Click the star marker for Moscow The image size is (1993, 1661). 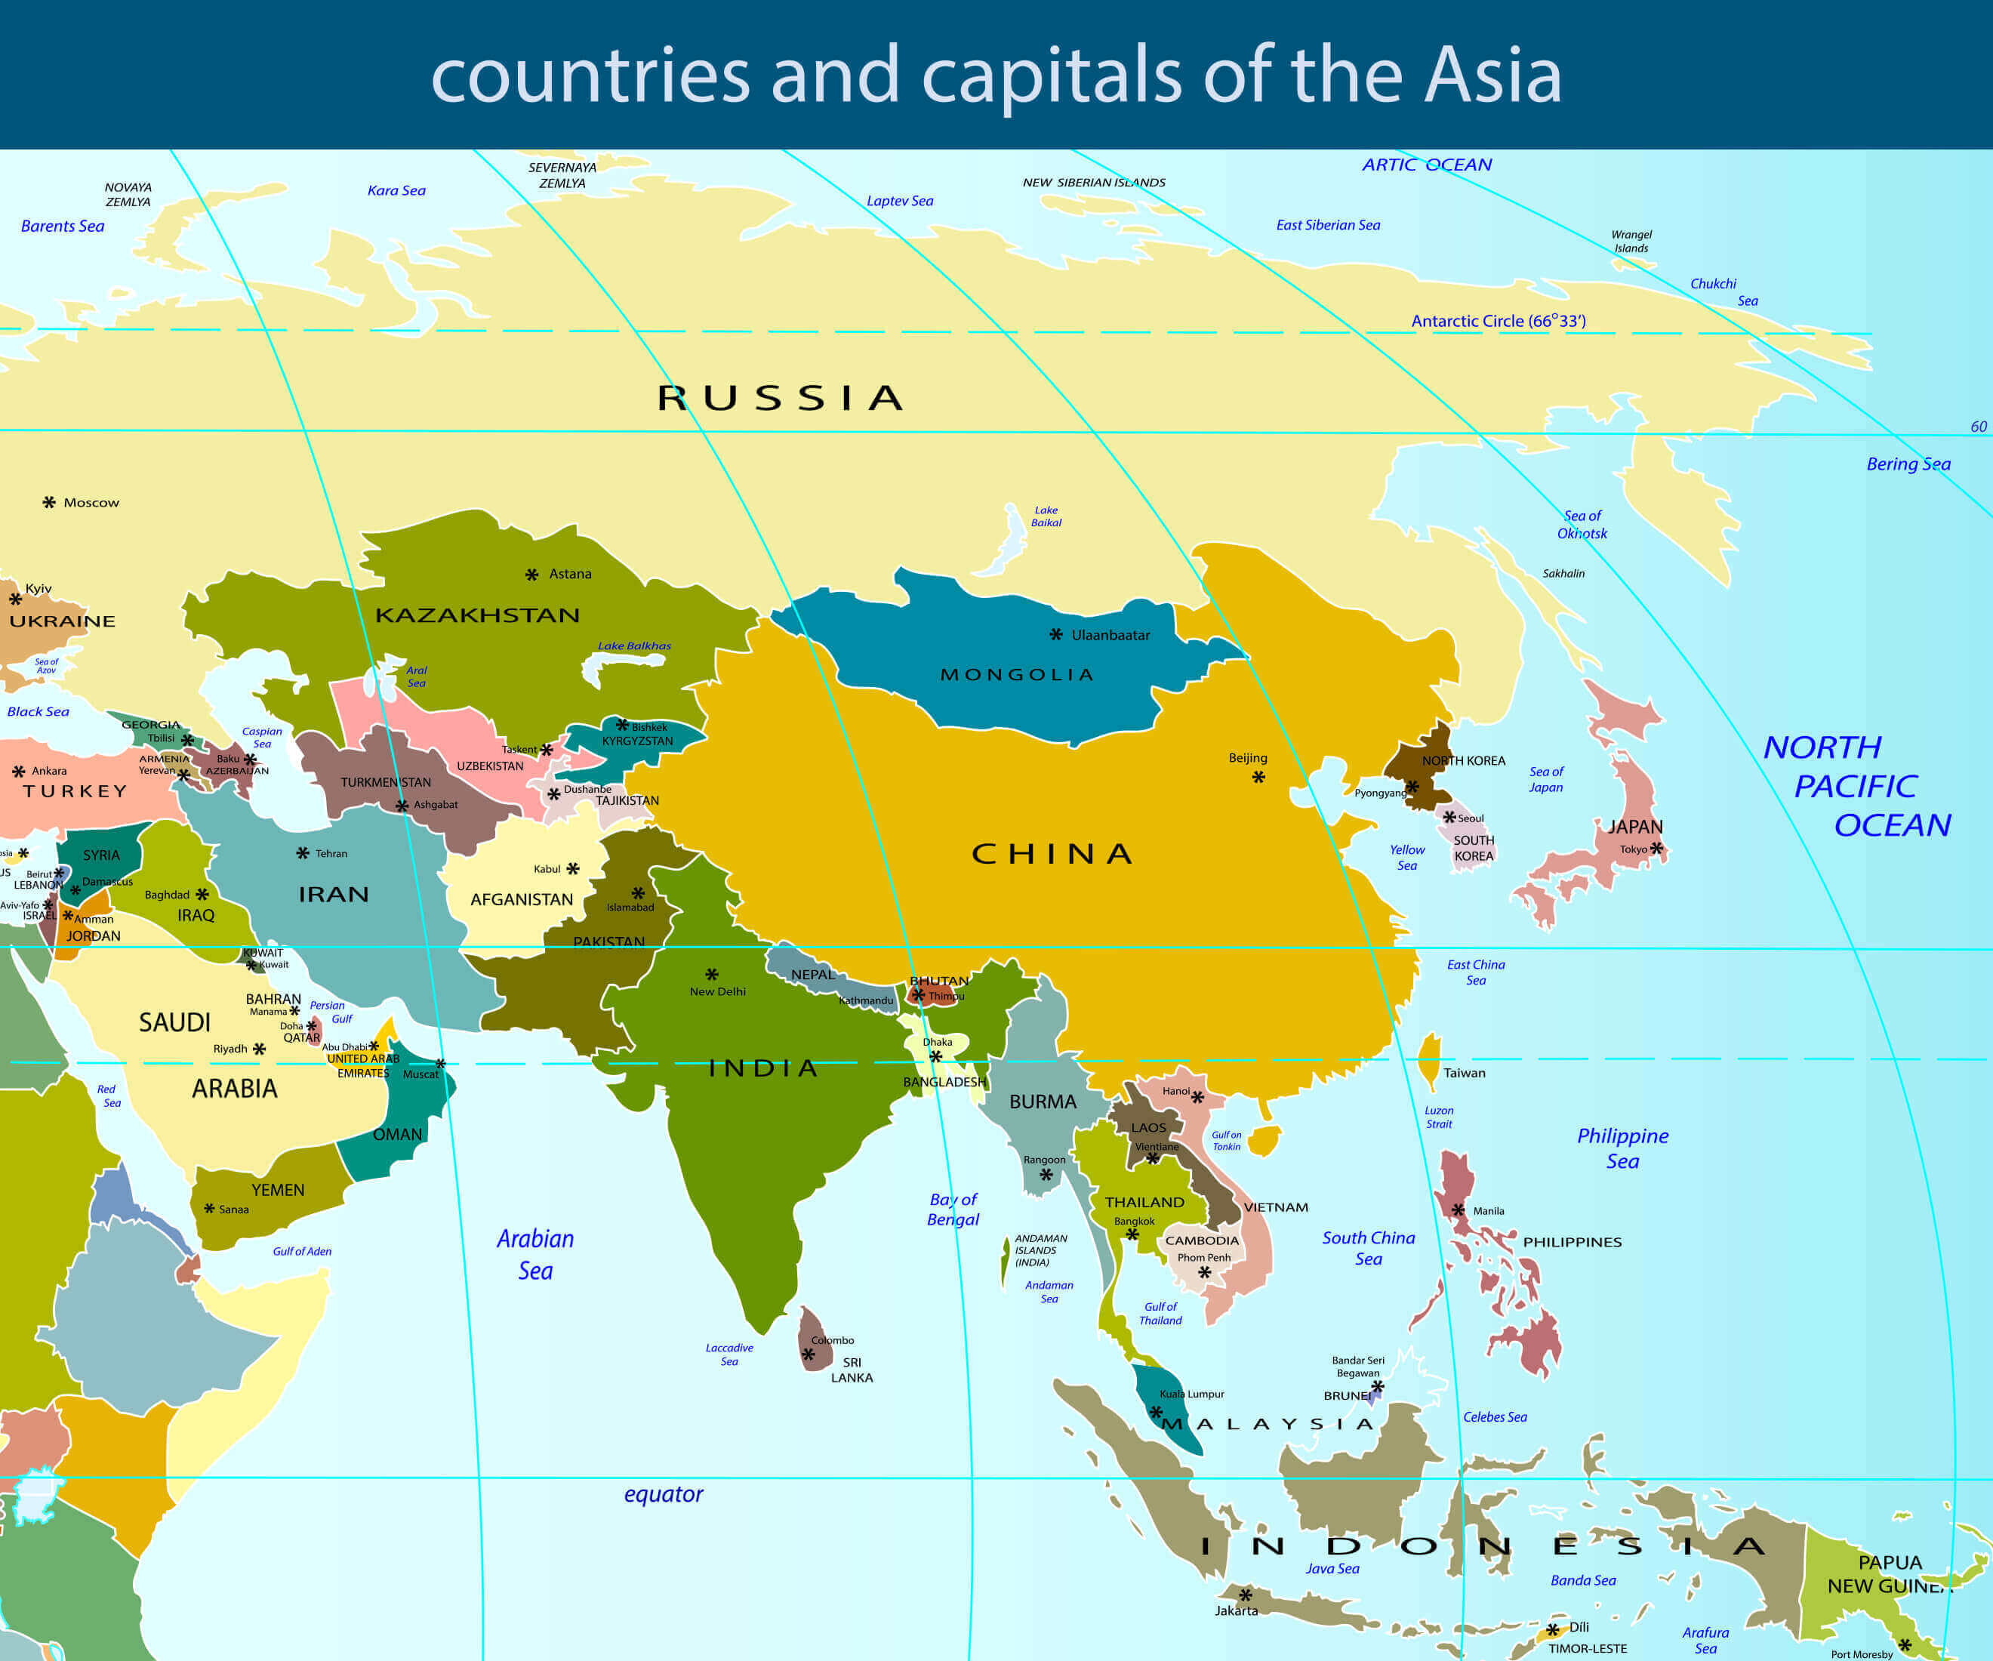pos(49,502)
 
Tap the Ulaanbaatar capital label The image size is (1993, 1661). pos(1110,635)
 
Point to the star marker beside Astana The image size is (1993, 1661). pos(531,575)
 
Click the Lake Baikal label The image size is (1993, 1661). pos(1046,516)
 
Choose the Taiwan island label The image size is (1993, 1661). pos(1465,1073)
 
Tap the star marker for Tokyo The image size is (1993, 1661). pos(1656,848)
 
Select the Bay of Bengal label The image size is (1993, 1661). pos(953,1210)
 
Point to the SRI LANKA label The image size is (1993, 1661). pos(852,1370)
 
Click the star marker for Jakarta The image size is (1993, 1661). pos(1245,1595)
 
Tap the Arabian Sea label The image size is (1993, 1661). pos(535,1254)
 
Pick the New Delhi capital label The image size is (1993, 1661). pos(717,991)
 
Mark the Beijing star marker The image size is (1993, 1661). pos(1258,778)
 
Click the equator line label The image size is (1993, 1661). pos(664,1494)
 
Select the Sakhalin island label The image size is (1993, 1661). pos(1563,573)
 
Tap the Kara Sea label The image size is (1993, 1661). pos(396,190)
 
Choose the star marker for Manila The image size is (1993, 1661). pos(1458,1210)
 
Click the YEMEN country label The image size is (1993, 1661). pos(278,1190)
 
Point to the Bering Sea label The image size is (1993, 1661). pos(1908,464)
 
